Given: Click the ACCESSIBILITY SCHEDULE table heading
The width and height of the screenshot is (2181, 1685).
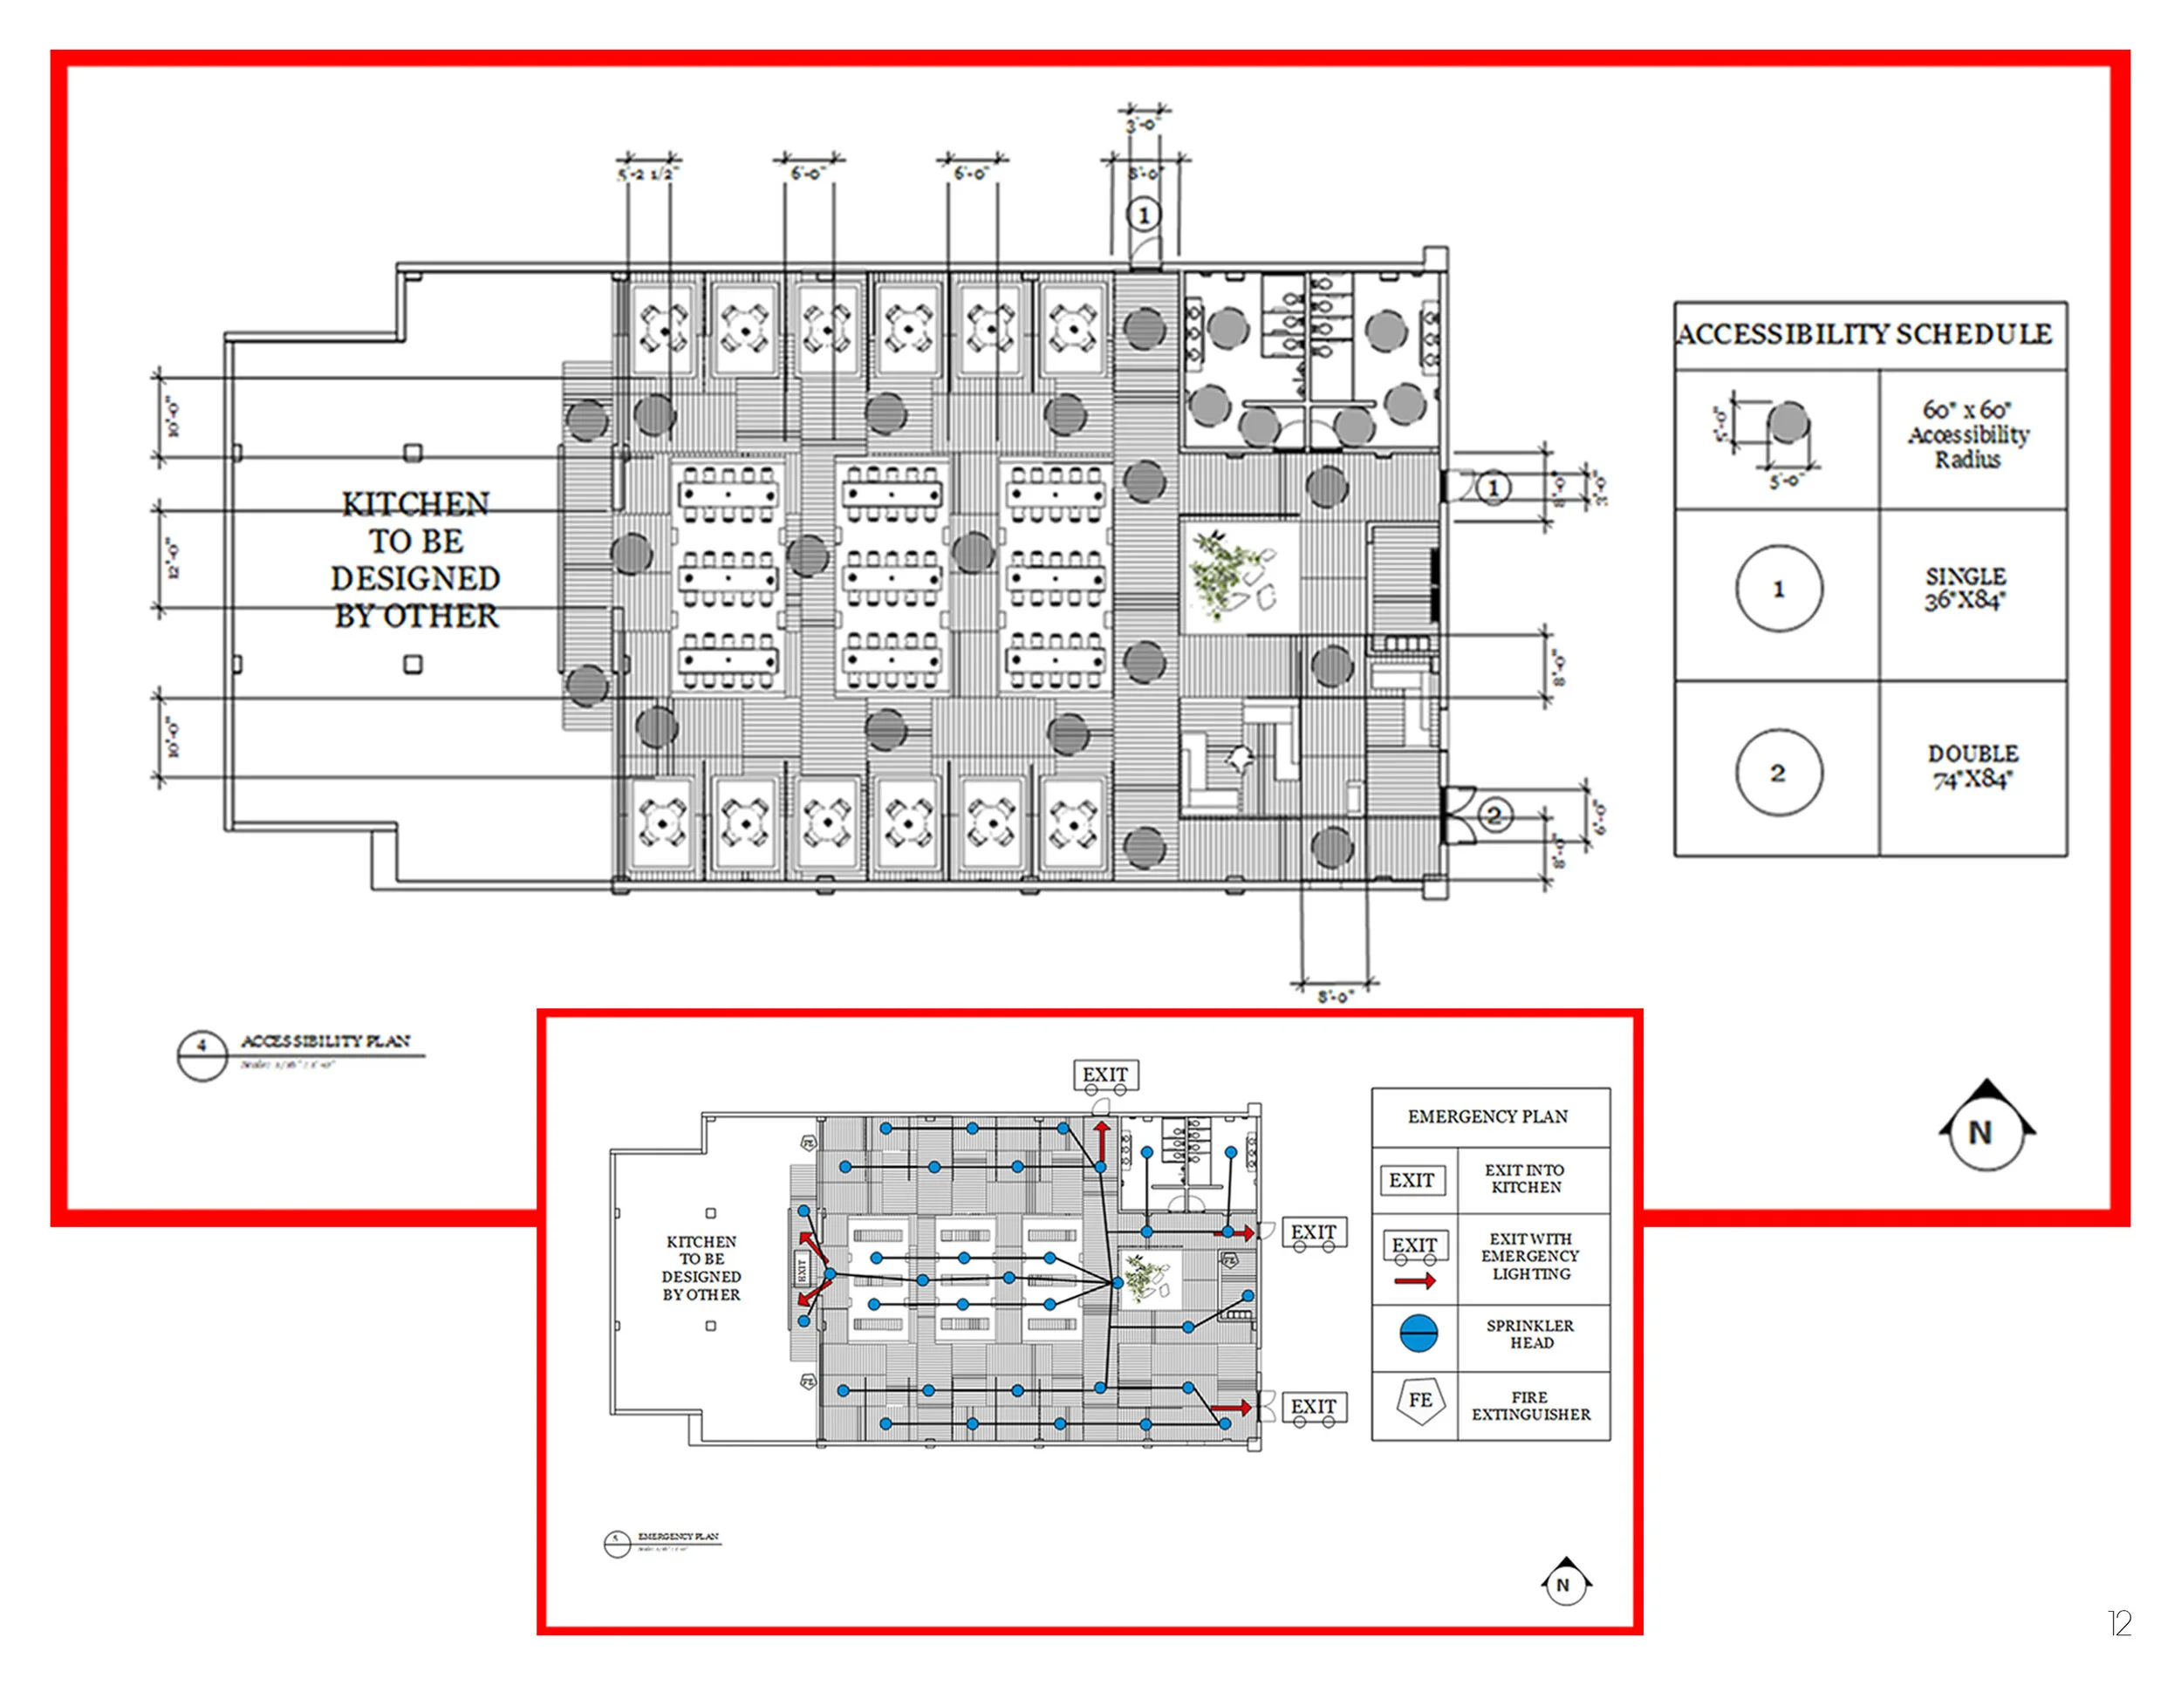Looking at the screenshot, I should point(1863,333).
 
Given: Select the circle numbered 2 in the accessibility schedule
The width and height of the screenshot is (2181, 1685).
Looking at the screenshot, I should point(1779,773).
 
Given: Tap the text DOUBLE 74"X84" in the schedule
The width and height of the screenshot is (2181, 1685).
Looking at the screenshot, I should point(1972,767).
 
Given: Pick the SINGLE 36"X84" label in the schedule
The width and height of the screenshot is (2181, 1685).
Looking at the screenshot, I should point(1966,589).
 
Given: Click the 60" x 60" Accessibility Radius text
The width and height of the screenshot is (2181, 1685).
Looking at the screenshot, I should point(1967,435).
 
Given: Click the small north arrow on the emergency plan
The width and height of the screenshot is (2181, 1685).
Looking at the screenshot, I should point(1565,1582).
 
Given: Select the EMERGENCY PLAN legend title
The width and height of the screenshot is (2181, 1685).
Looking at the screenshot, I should point(1488,1116).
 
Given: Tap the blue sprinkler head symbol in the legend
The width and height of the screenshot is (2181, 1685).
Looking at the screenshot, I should point(1418,1334).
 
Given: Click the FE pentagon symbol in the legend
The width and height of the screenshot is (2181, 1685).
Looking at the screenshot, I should point(1420,1401).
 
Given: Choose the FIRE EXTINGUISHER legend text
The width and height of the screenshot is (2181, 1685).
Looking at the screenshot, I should point(1531,1406).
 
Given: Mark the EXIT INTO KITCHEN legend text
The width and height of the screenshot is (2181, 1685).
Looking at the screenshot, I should point(1525,1178).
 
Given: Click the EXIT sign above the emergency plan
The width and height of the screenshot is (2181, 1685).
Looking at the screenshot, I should point(1105,1074).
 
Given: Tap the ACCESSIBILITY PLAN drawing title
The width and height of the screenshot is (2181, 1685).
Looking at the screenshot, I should point(325,1041).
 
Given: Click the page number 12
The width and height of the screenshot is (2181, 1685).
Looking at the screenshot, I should point(2119,1623).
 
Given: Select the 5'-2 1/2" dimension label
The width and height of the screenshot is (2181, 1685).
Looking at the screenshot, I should point(647,174).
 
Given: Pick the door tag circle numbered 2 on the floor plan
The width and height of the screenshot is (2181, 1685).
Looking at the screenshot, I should point(1494,815).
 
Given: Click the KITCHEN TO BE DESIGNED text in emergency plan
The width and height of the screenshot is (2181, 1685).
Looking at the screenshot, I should point(701,1268).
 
